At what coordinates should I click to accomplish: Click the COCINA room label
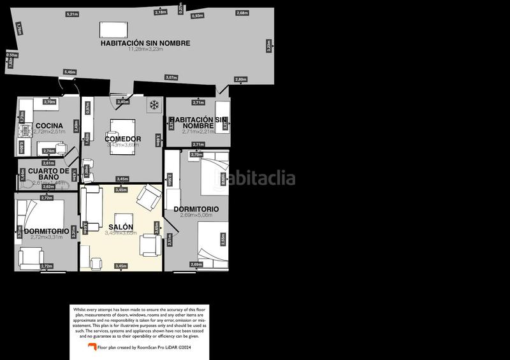49,125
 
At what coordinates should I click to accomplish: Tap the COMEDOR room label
123,139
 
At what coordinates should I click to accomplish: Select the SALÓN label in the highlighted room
120,227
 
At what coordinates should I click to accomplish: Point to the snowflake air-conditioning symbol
154,104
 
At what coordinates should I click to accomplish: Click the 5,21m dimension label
72,14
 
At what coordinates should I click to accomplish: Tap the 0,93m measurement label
198,16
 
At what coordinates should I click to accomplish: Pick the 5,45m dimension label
70,72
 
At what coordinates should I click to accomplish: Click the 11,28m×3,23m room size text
145,50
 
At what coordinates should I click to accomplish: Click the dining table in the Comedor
122,127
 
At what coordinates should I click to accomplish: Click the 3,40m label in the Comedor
123,101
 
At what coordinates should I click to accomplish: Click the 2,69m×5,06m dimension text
196,215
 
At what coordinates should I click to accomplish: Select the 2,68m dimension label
242,13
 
